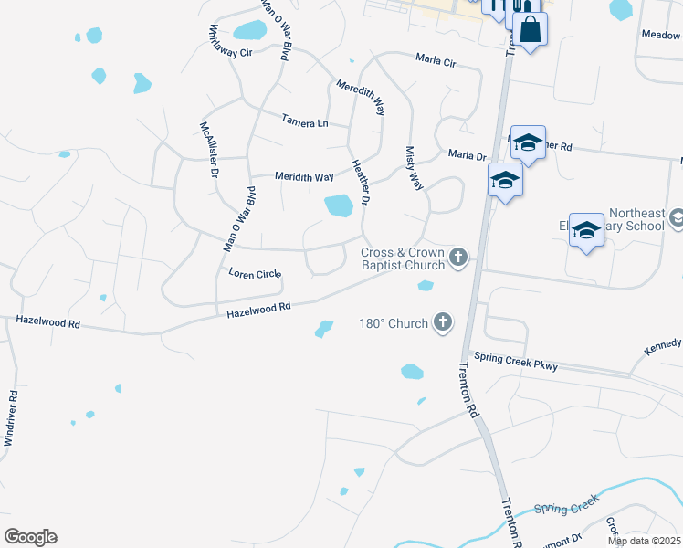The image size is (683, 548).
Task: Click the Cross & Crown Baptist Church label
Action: [402, 258]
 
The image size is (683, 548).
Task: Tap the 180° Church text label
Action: [393, 323]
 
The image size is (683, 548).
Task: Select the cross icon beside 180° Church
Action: [442, 321]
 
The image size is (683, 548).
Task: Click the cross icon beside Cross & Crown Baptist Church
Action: [458, 258]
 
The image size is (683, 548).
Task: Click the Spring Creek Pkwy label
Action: [513, 362]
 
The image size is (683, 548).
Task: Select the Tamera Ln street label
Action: [304, 121]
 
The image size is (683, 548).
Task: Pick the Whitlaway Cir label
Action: [230, 42]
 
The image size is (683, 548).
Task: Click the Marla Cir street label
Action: [436, 61]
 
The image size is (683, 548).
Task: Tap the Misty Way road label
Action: [414, 169]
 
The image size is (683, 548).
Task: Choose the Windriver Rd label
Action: [10, 419]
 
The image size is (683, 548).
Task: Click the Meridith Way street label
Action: [304, 177]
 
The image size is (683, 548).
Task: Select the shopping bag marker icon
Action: [530, 30]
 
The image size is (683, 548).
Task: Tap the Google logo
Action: [30, 537]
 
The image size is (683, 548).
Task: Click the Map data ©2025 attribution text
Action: [645, 541]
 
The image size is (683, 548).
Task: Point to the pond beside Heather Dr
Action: [339, 205]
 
